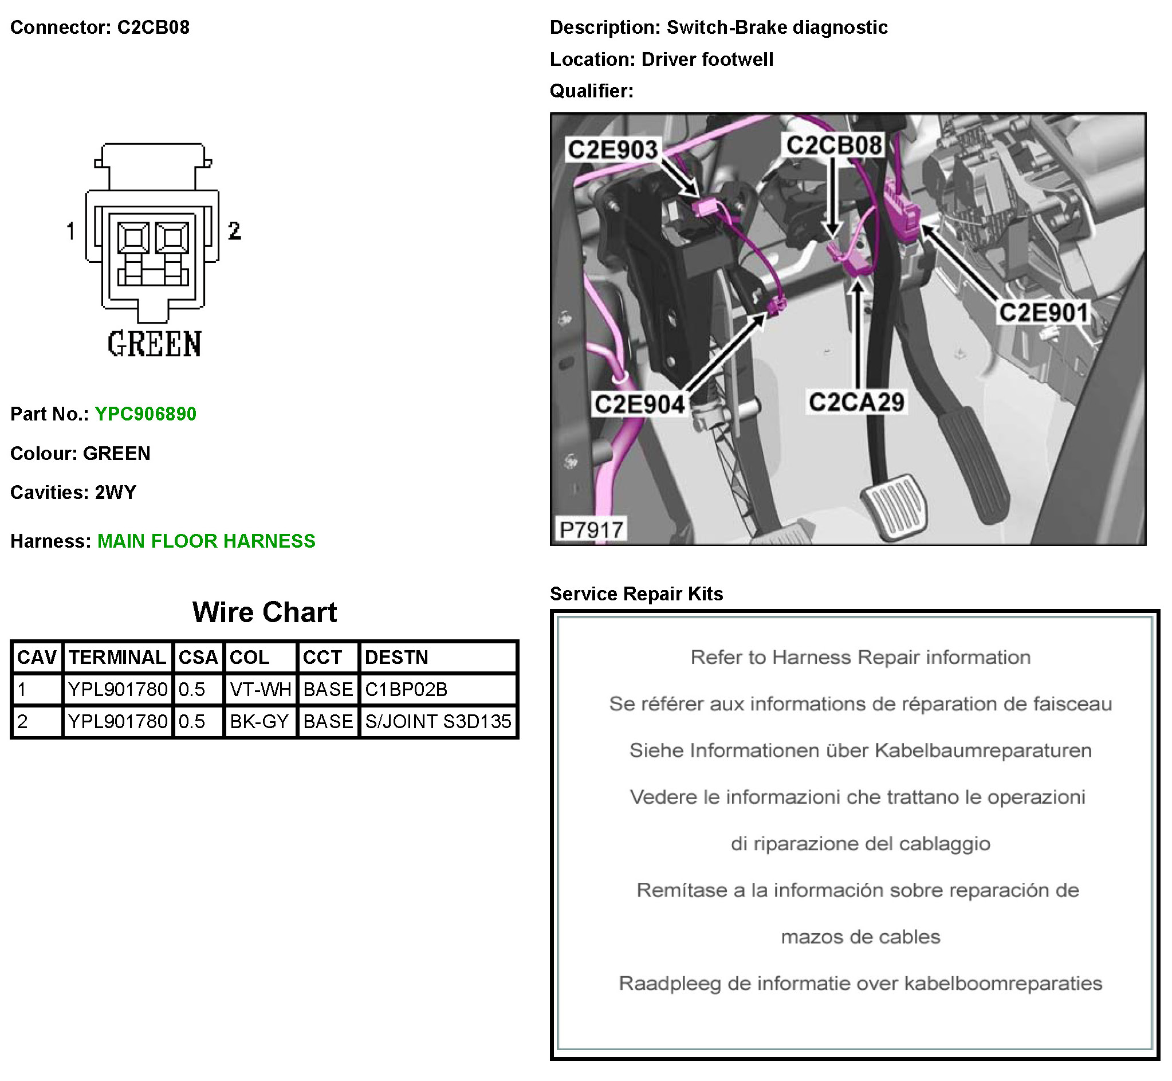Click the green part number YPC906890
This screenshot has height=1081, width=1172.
pos(145,414)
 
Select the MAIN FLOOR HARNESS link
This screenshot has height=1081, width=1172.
pos(206,541)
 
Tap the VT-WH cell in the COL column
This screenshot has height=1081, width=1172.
pos(260,690)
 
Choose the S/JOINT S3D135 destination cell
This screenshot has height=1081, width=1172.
pos(438,722)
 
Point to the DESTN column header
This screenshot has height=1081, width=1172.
pos(396,658)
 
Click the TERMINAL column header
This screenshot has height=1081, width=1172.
pos(117,658)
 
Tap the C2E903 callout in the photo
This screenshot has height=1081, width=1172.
pos(613,150)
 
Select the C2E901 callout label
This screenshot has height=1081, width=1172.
pos(1043,312)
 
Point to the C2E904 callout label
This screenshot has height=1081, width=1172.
pos(639,404)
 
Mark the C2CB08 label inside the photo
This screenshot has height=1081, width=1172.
pos(834,145)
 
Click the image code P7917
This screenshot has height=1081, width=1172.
pos(591,530)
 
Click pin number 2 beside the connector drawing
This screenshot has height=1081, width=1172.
pos(234,230)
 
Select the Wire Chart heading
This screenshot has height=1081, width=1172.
pos(264,612)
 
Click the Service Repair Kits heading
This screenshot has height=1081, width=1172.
pos(636,593)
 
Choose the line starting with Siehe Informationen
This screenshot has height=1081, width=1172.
pos(860,750)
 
